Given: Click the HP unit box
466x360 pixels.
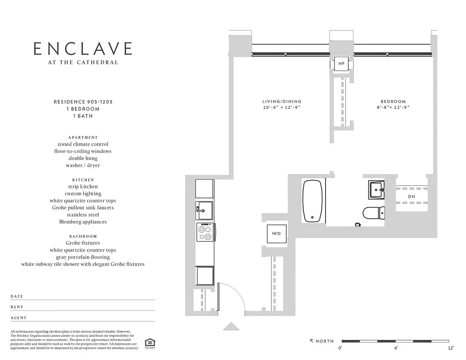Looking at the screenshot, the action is pyautogui.click(x=341, y=63).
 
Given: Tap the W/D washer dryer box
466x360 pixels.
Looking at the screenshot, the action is pyautogui.click(x=276, y=234).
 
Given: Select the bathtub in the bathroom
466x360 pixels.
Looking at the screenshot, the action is pyautogui.click(x=312, y=201).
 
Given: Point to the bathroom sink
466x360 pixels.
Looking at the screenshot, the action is pyautogui.click(x=376, y=190).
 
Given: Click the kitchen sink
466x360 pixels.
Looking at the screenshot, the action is pyautogui.click(x=204, y=210).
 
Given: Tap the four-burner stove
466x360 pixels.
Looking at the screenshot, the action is pyautogui.click(x=205, y=232).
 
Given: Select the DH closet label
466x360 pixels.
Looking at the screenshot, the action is pyautogui.click(x=411, y=197).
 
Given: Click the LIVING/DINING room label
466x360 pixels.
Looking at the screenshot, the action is pyautogui.click(x=282, y=101).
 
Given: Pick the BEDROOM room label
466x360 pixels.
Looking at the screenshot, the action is pyautogui.click(x=393, y=101).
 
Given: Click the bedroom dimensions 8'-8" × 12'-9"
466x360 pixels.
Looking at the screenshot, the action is pyautogui.click(x=393, y=107).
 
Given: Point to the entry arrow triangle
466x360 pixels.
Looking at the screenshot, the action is pyautogui.click(x=231, y=326).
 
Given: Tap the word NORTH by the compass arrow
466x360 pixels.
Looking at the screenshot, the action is pyautogui.click(x=325, y=341).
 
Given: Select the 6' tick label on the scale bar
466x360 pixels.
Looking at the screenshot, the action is pyautogui.click(x=396, y=348).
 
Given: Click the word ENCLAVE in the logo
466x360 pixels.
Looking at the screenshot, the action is pyautogui.click(x=83, y=49).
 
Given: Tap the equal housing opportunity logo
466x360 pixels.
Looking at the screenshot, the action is pyautogui.click(x=150, y=344).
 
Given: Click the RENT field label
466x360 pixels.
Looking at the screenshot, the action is pyautogui.click(x=17, y=307).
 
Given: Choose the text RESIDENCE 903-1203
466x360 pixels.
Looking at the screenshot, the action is pyautogui.click(x=83, y=102).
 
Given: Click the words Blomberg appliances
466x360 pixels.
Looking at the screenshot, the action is pyautogui.click(x=83, y=222).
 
